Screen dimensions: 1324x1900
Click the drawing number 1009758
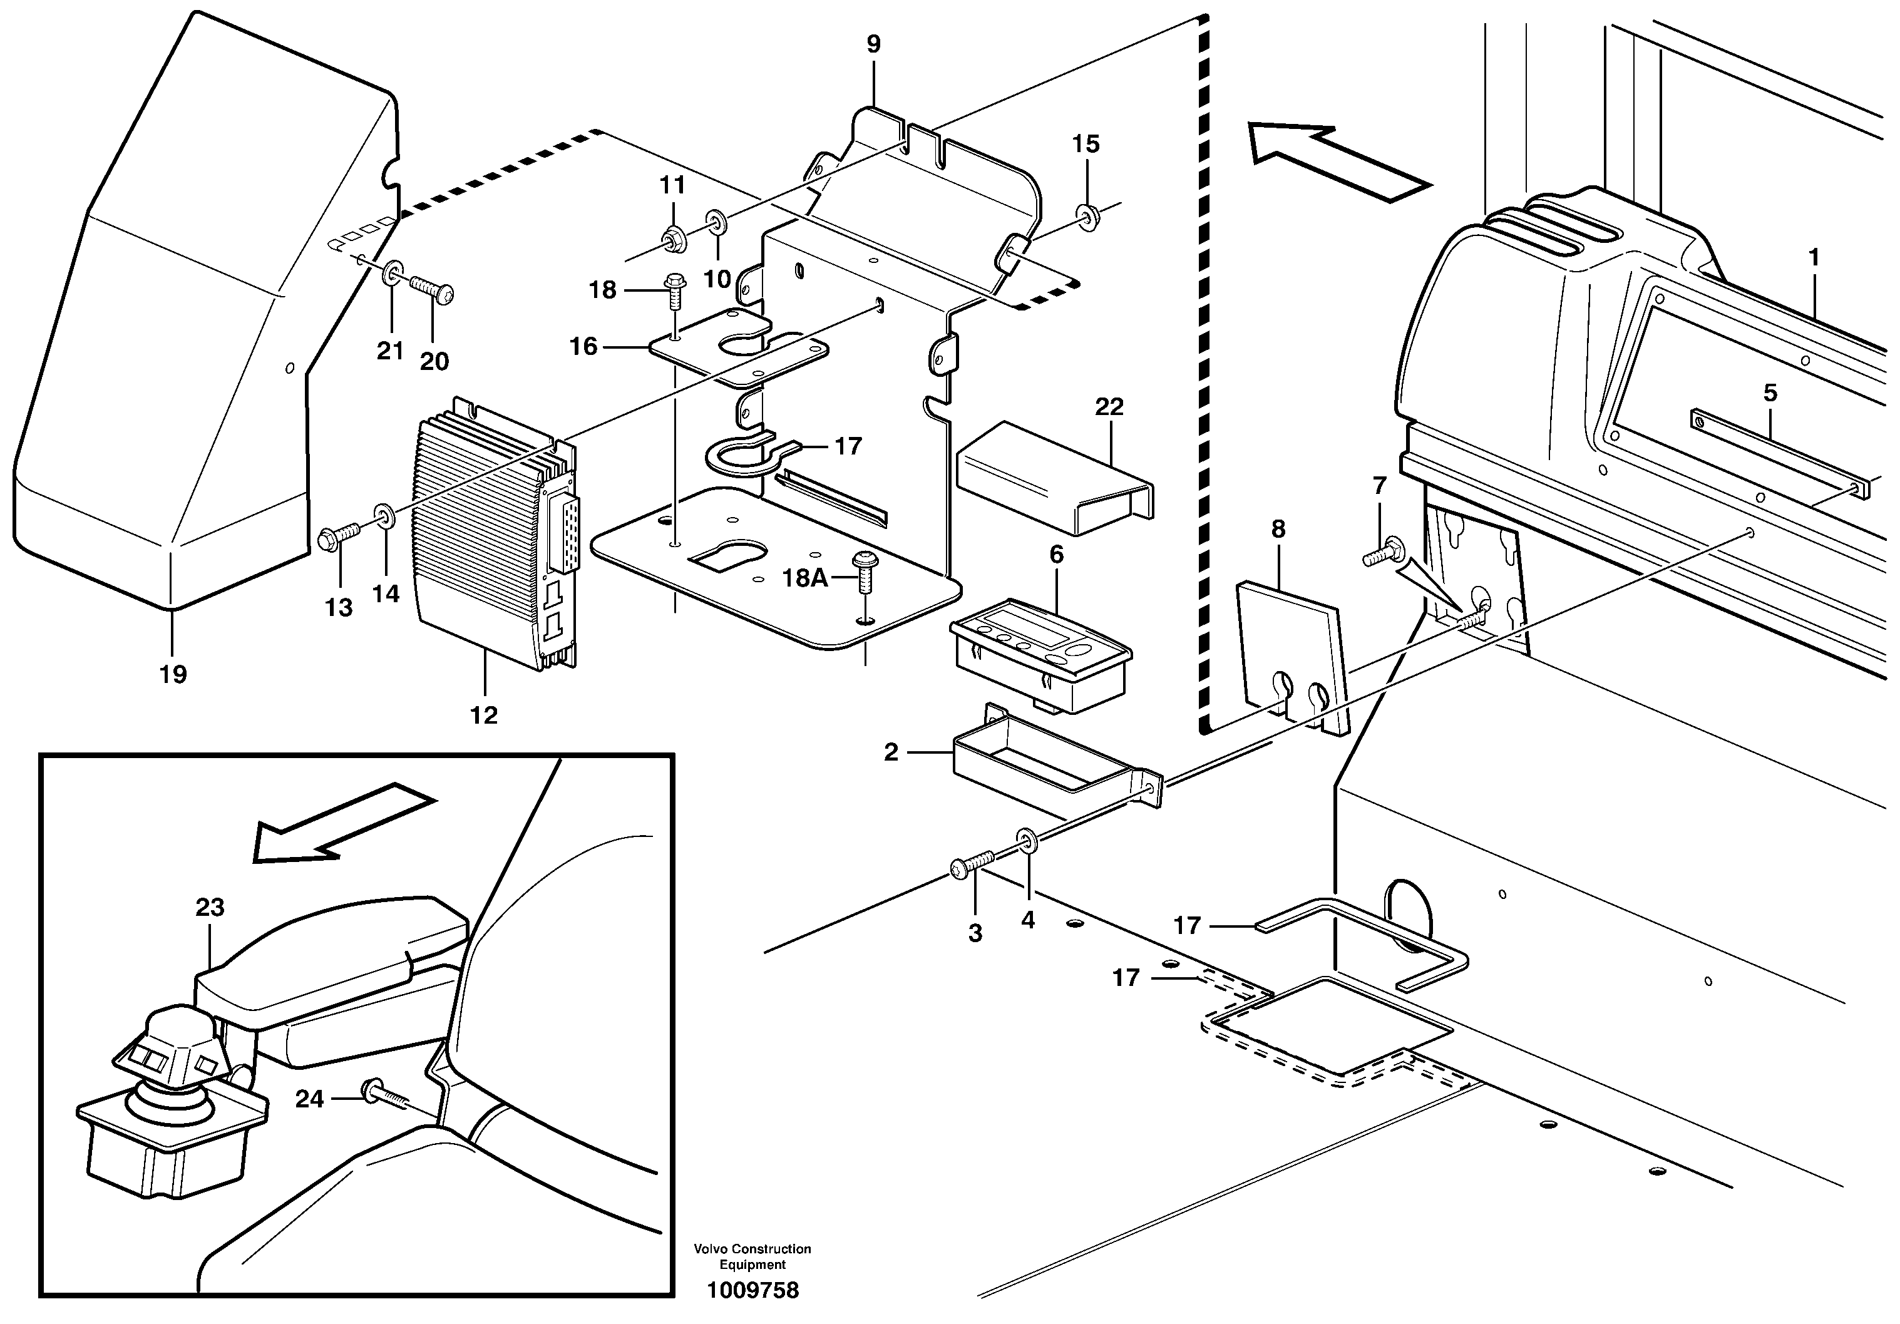(x=752, y=1290)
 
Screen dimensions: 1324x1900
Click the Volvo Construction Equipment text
(x=752, y=1256)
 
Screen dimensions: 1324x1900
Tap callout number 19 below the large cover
(x=173, y=674)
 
